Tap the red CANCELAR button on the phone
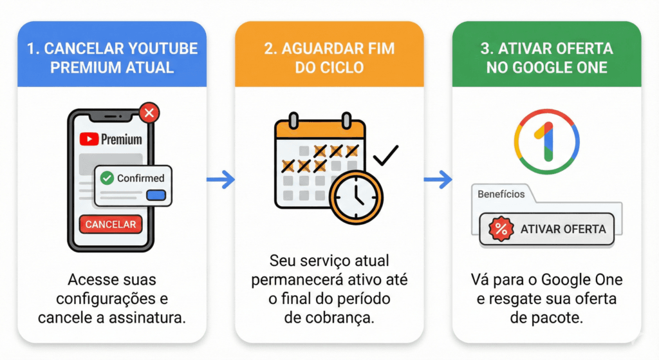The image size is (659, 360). tap(111, 224)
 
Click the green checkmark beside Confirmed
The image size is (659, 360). tap(107, 178)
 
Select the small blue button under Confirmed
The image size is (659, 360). tap(156, 195)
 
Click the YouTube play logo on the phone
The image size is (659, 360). tap(89, 139)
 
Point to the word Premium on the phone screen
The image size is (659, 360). tap(122, 139)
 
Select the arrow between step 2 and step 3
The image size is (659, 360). tap(438, 180)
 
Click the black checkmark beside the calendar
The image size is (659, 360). tap(386, 155)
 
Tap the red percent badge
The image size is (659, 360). tap(501, 229)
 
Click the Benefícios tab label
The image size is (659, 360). tap(501, 194)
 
